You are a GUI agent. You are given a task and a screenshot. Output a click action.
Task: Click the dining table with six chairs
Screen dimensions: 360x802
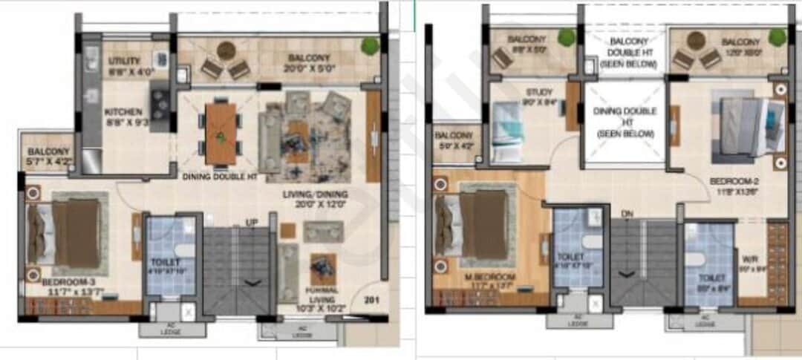click(x=221, y=133)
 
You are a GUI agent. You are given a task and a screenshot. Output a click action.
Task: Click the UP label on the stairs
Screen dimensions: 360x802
click(x=252, y=222)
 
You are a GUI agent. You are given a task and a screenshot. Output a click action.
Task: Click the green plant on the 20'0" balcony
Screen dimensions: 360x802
click(x=370, y=46)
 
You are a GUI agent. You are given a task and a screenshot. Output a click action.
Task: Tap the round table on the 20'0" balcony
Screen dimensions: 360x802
click(x=226, y=51)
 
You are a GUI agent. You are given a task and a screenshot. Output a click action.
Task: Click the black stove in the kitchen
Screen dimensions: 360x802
click(x=160, y=96)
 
